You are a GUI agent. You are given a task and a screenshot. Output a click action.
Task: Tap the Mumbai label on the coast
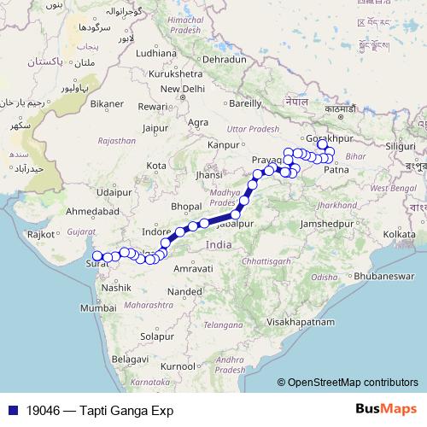100,307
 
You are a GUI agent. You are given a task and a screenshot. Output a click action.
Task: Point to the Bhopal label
185,207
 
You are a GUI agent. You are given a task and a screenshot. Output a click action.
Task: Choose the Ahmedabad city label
90,210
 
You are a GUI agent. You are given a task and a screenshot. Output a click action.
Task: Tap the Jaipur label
155,128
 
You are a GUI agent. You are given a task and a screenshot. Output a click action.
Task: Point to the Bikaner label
107,103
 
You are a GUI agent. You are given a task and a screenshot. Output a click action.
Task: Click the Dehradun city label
225,60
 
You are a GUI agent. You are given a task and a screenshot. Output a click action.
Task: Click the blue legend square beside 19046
12,410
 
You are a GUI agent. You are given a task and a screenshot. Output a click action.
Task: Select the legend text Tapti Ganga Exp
127,410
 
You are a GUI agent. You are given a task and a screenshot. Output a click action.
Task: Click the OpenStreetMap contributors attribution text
352,383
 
